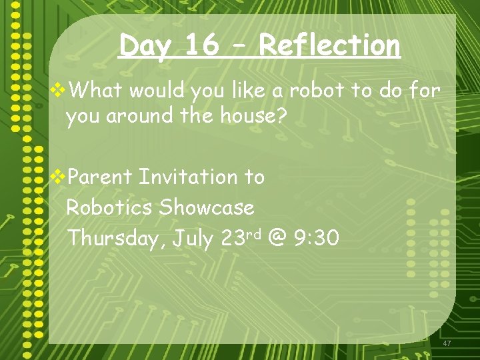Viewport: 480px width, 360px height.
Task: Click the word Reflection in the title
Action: [x=329, y=45]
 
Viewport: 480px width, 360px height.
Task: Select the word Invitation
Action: [x=189, y=177]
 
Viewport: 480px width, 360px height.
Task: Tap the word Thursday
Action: [x=113, y=238]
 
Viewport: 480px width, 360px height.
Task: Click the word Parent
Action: [x=101, y=177]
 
